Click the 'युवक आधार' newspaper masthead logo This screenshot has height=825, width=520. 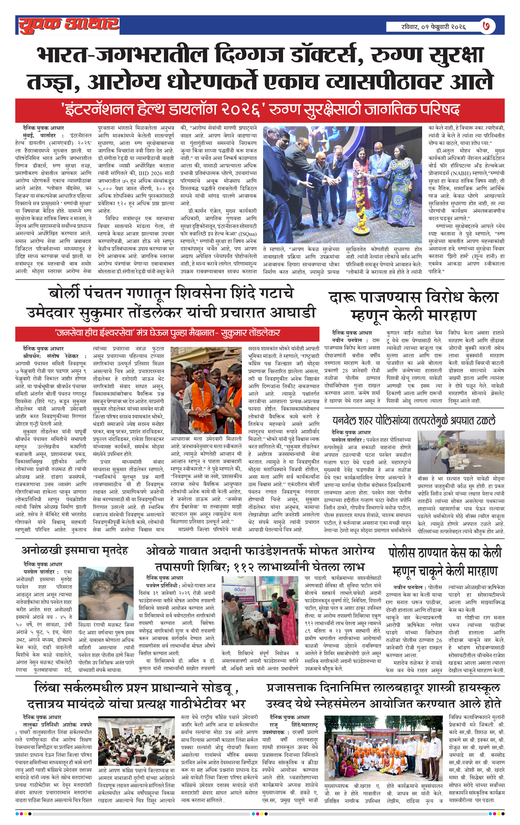pyautogui.click(x=69, y=25)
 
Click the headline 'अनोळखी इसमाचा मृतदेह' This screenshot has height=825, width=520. pyautogui.click(x=75, y=551)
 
